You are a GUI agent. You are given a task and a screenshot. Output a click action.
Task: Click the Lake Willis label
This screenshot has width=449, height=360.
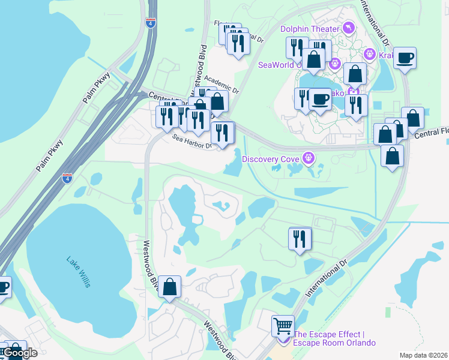78,272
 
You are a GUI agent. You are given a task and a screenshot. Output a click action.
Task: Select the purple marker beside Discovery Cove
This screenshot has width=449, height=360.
309,158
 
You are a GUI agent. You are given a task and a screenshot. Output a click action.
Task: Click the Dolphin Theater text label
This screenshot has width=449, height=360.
310,28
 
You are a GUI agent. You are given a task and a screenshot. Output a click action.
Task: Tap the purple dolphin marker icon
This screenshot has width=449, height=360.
348,28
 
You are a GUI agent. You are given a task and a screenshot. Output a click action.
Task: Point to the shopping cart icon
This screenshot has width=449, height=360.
283,326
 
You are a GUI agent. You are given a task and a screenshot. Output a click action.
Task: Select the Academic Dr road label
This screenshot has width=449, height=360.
221,84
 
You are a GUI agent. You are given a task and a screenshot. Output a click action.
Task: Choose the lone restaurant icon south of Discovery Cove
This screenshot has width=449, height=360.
300,238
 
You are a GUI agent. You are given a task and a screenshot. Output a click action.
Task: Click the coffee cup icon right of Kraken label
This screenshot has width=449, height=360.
405,58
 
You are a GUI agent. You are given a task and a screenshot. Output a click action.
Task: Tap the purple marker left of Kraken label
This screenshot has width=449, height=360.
370,55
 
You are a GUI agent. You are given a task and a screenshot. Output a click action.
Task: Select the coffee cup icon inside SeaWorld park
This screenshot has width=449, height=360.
320,99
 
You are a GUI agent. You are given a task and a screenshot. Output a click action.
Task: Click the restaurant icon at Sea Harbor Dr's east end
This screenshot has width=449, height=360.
223,133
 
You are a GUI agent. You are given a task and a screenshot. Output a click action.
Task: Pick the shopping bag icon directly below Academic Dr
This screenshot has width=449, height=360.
217,101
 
